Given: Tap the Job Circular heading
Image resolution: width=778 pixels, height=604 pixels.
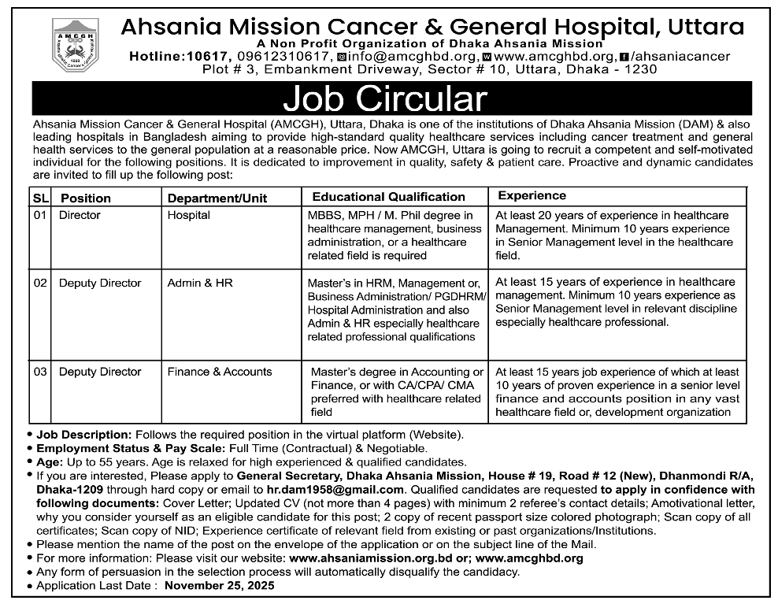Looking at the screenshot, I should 385,100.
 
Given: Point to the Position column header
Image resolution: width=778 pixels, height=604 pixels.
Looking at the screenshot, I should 86,198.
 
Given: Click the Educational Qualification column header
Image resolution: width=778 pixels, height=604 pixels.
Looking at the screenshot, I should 388,197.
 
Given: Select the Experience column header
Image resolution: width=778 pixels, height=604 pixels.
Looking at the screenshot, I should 532,195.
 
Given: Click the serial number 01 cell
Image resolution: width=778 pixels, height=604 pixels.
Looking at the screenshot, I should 41,215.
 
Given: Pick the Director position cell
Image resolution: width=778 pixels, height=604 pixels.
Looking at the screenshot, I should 80,215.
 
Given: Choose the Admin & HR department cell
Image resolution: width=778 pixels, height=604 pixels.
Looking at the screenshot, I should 200,283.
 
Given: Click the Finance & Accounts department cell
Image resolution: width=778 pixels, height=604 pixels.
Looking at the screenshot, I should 220,372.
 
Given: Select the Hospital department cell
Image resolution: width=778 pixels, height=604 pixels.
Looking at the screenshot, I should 189,215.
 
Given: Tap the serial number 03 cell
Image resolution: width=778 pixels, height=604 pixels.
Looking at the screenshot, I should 41,372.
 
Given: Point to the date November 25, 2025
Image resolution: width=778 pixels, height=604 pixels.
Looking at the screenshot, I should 220,586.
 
